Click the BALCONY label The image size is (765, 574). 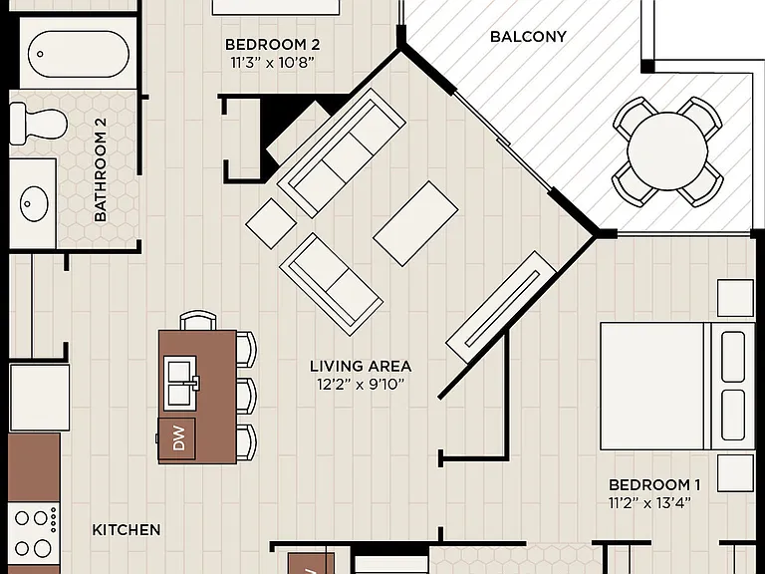[x=528, y=37]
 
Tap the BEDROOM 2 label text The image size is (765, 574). [x=272, y=45]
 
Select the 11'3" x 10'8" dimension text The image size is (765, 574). [x=272, y=63]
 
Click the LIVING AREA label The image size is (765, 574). [x=361, y=366]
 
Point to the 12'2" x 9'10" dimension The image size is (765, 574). [x=361, y=385]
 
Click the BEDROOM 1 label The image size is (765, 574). [x=654, y=484]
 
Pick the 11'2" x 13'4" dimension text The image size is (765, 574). [x=649, y=502]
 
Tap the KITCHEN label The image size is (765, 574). [x=127, y=529]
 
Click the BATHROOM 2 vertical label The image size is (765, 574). [x=100, y=169]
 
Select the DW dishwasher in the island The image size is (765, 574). [x=177, y=438]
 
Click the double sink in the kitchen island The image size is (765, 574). [x=181, y=383]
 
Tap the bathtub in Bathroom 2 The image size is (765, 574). [x=79, y=54]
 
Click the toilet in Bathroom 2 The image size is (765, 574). [x=38, y=124]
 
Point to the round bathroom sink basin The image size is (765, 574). [x=34, y=203]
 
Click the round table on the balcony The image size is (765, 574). [x=667, y=150]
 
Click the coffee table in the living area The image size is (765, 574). [x=415, y=223]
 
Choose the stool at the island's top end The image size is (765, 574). [x=198, y=320]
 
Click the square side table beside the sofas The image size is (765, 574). [x=271, y=223]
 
